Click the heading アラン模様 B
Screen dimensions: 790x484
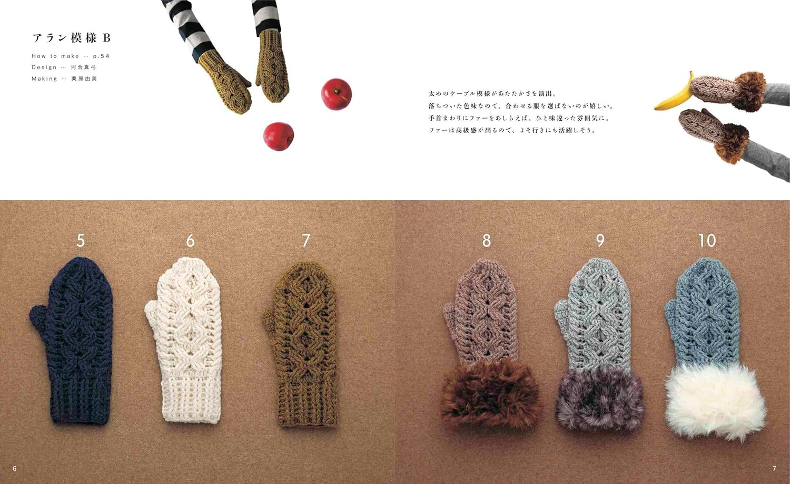[x=72, y=38]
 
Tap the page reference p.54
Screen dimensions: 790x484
[x=101, y=56]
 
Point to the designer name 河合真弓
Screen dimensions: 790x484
[x=84, y=67]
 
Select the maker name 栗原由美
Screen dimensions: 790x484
[x=84, y=79]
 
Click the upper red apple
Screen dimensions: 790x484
[x=336, y=94]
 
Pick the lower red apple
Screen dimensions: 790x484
[x=278, y=137]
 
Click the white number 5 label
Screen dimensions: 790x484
[x=81, y=240]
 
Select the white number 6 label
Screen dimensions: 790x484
[x=191, y=240]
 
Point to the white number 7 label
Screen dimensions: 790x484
[x=306, y=240]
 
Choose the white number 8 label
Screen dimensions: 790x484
[x=486, y=240]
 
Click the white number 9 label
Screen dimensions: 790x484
[x=600, y=240]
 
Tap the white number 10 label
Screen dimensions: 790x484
[x=707, y=240]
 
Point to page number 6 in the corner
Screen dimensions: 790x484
[x=14, y=469]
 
